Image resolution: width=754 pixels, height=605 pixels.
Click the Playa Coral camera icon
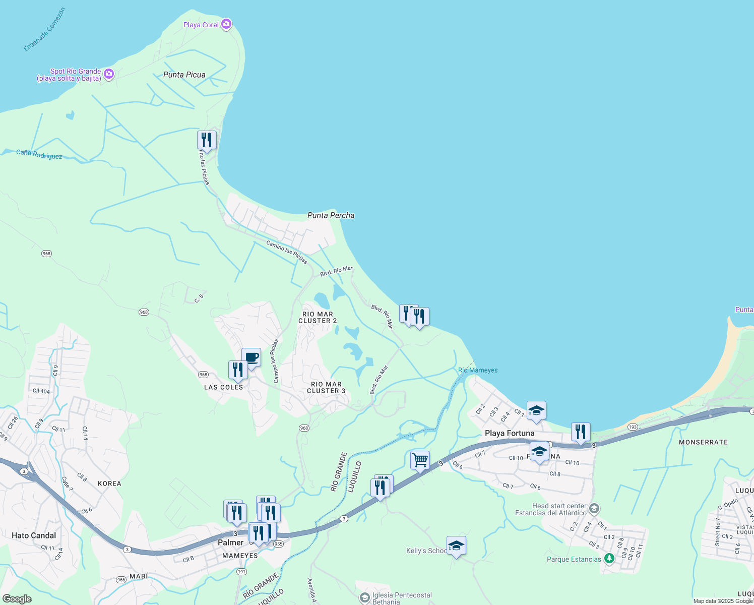pos(226,24)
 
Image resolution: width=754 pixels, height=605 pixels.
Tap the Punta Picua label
pos(184,75)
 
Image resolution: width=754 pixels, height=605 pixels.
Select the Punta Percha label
pos(331,215)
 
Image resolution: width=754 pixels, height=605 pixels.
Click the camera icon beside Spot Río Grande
pos(108,75)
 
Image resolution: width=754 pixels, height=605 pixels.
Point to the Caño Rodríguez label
pos(39,154)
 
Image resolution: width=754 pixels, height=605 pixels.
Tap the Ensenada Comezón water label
pos(44,29)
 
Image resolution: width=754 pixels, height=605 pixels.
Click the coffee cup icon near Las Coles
pos(251,357)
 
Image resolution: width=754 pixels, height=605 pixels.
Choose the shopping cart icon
pos(420,460)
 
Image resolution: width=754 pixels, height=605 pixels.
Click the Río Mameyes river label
pos(477,370)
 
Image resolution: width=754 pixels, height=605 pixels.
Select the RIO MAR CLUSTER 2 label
pos(318,317)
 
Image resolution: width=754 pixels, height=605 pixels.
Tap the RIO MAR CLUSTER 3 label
pos(326,387)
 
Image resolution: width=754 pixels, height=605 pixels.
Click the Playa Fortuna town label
pos(510,433)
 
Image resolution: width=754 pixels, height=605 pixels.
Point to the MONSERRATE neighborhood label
pos(703,442)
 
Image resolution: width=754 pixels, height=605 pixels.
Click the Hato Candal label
pos(34,535)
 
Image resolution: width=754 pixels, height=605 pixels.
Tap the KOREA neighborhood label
pos(109,483)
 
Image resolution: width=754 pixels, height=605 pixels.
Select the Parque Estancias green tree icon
pos(609,559)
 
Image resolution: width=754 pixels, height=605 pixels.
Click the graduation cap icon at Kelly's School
pos(456,546)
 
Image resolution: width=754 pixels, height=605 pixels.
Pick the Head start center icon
pos(594,508)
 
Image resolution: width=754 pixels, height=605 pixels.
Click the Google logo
pos(17,599)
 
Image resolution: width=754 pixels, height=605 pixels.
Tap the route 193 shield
pos(633,427)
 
